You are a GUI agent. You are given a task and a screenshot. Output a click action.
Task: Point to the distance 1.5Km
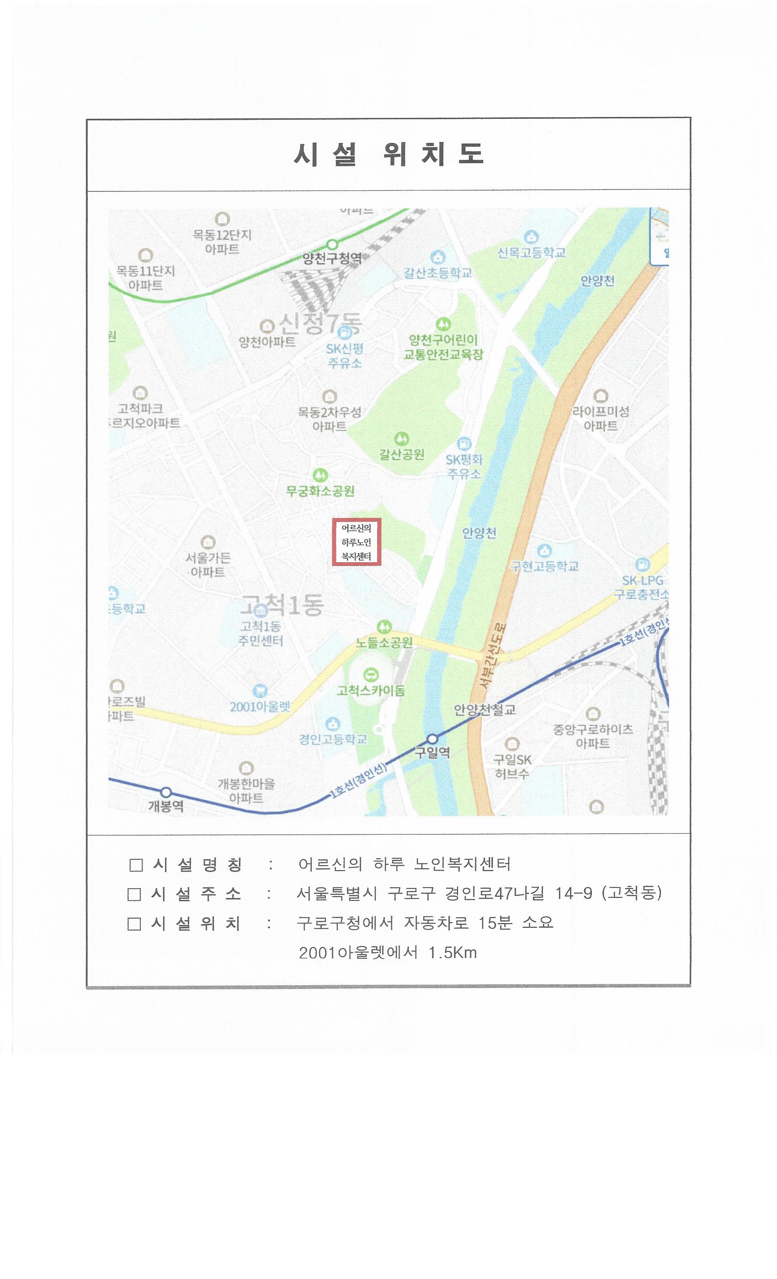click(x=452, y=952)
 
